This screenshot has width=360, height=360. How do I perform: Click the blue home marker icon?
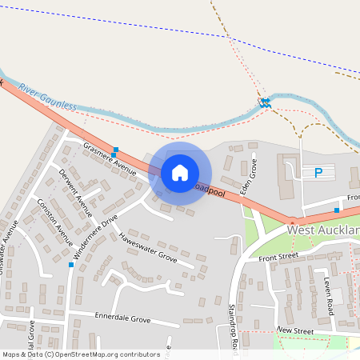[x=180, y=173]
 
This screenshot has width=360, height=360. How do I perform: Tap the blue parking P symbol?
[x=318, y=172]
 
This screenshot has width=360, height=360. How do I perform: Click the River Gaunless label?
[x=47, y=96]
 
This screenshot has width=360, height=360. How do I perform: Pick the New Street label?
[x=294, y=330]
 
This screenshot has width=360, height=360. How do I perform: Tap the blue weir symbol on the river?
[x=264, y=102]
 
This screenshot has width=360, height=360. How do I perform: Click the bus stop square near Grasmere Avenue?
[x=116, y=150]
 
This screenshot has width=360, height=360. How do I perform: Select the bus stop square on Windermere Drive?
[x=72, y=264]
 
